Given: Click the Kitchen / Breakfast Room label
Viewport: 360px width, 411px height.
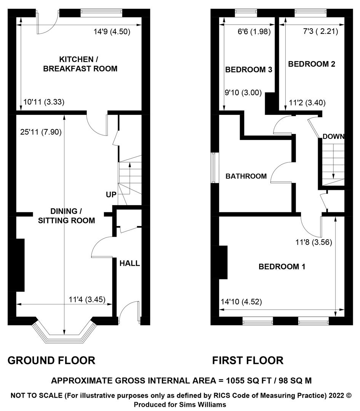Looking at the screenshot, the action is (x=80, y=64).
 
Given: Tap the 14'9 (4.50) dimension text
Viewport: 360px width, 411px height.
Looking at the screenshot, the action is (x=112, y=32).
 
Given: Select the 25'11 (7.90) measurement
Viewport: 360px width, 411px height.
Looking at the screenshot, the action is (x=41, y=132).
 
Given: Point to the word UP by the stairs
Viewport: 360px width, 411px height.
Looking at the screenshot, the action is (x=111, y=194).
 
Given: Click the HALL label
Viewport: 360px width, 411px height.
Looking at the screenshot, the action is (x=130, y=263).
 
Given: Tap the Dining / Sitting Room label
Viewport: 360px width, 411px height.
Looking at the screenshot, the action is (x=66, y=216).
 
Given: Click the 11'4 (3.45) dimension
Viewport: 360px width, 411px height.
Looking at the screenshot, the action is (x=87, y=299).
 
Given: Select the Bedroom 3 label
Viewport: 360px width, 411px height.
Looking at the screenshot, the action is (x=249, y=70).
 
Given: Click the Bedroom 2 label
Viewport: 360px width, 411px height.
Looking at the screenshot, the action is (x=312, y=64).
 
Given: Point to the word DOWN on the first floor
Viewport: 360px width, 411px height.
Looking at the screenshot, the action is (x=333, y=136).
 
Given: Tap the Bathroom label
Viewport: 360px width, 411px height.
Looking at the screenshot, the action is (x=246, y=176).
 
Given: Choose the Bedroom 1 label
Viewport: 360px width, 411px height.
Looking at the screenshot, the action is (x=282, y=266).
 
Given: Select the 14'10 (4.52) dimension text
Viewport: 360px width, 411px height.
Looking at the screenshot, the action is (x=242, y=302).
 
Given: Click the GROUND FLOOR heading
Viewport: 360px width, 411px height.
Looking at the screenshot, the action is (x=51, y=360).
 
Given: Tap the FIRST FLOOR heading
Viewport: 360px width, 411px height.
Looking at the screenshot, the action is (x=248, y=360).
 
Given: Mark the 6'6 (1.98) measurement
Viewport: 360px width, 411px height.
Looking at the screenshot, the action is (x=254, y=32).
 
